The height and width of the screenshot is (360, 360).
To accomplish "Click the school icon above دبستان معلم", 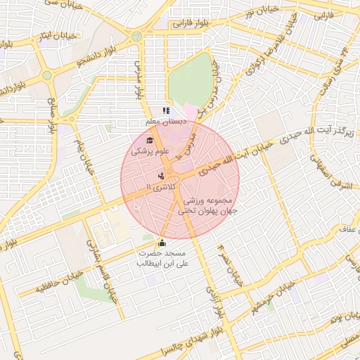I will coord(166,110).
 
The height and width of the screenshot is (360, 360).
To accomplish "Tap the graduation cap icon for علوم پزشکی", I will coord(149,140).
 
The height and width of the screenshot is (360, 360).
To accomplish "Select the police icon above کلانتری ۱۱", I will coord(161,176).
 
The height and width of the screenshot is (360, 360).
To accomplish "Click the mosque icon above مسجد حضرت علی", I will coord(162,243).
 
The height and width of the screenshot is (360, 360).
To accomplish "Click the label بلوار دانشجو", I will coord(98,47).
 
